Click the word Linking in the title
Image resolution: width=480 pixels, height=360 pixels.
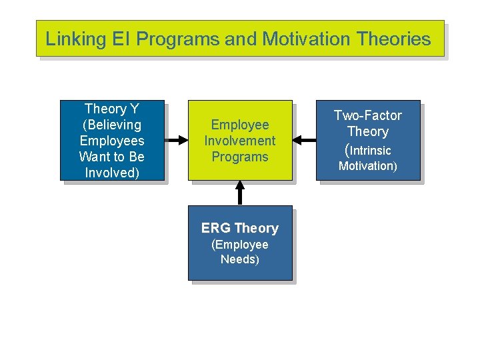pos(70,39)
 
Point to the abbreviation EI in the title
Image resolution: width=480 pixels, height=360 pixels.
pos(121,39)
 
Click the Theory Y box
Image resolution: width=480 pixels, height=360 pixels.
pos(111,140)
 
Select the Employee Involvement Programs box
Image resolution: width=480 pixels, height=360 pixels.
pos(240,140)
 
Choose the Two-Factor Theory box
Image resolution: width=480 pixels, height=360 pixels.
pos(368,140)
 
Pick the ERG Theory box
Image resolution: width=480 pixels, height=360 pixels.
pos(240,243)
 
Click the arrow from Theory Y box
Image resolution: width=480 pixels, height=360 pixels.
pos(175,140)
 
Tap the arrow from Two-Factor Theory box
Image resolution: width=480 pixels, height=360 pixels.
pos(305,140)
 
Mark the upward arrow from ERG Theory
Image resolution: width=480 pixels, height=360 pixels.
pos(240,193)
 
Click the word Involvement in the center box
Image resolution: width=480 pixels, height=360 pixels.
pos(240,141)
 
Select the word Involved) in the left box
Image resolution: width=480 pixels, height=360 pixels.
pos(112,173)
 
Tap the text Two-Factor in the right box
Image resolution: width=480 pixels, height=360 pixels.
pos(368,115)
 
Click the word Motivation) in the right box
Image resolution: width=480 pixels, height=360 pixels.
pos(368,166)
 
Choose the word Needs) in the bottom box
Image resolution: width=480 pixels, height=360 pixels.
pos(240,259)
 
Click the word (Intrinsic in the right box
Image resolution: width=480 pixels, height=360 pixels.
pos(367,150)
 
